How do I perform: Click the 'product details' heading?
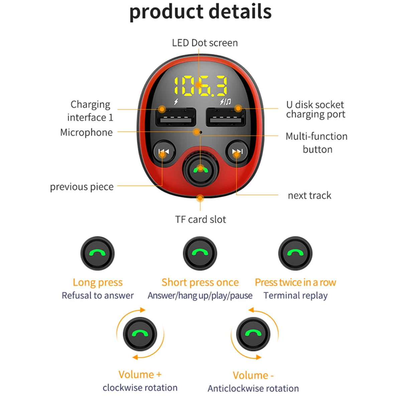200,12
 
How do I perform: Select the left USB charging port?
175,117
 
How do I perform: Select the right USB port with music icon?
226,117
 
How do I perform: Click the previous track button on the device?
163,152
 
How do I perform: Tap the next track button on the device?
237,152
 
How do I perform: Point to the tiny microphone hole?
201,132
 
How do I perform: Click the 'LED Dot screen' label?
205,43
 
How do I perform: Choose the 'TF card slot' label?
200,220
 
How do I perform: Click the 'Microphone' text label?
86,132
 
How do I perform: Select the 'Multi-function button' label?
316,143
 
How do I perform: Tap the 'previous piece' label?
82,187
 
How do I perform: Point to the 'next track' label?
309,195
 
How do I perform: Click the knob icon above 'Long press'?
98,253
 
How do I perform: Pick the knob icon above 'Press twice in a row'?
295,253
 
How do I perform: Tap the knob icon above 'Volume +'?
140,334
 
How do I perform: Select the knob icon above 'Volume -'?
253,334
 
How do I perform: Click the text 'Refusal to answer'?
98,295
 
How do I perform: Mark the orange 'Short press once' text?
200,282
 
